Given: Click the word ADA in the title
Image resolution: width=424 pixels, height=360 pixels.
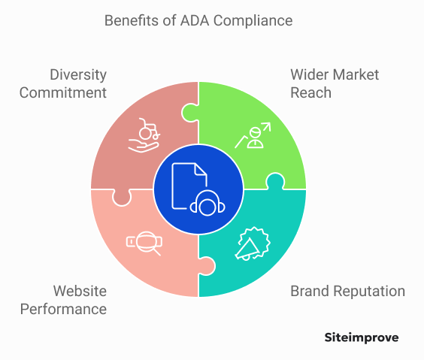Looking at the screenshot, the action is (195, 20).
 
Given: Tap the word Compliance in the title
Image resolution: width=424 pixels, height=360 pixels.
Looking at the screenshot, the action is (253, 21).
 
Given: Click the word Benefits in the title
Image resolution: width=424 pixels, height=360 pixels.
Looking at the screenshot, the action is (132, 20).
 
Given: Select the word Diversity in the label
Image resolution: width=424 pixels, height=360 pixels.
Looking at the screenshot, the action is (78, 75).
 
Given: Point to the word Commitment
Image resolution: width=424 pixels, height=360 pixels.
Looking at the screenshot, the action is (63, 92).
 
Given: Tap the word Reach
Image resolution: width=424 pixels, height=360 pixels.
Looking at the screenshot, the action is (310, 92).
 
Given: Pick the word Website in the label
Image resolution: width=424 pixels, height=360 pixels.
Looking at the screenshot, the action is (80, 291).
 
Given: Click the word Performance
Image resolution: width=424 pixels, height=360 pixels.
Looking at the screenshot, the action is (64, 309).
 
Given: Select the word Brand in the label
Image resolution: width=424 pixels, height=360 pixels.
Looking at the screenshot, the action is (310, 291).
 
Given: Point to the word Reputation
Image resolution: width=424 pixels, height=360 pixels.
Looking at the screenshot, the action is (369, 292).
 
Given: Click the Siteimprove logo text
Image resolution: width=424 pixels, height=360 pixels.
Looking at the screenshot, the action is (362, 338).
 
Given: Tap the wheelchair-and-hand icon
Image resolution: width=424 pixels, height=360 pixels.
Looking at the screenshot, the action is (144, 135).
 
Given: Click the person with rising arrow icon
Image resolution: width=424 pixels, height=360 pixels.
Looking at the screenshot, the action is (253, 135).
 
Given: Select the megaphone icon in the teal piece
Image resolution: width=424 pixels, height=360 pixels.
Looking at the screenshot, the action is (253, 244).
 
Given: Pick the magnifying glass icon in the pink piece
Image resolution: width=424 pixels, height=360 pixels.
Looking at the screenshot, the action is (144, 244).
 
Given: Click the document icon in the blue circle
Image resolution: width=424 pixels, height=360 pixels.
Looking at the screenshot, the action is (189, 186).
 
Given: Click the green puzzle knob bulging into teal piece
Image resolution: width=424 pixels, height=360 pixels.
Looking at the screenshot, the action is (275, 181).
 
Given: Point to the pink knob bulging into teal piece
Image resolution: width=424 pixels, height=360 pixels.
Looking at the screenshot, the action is (207, 266).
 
